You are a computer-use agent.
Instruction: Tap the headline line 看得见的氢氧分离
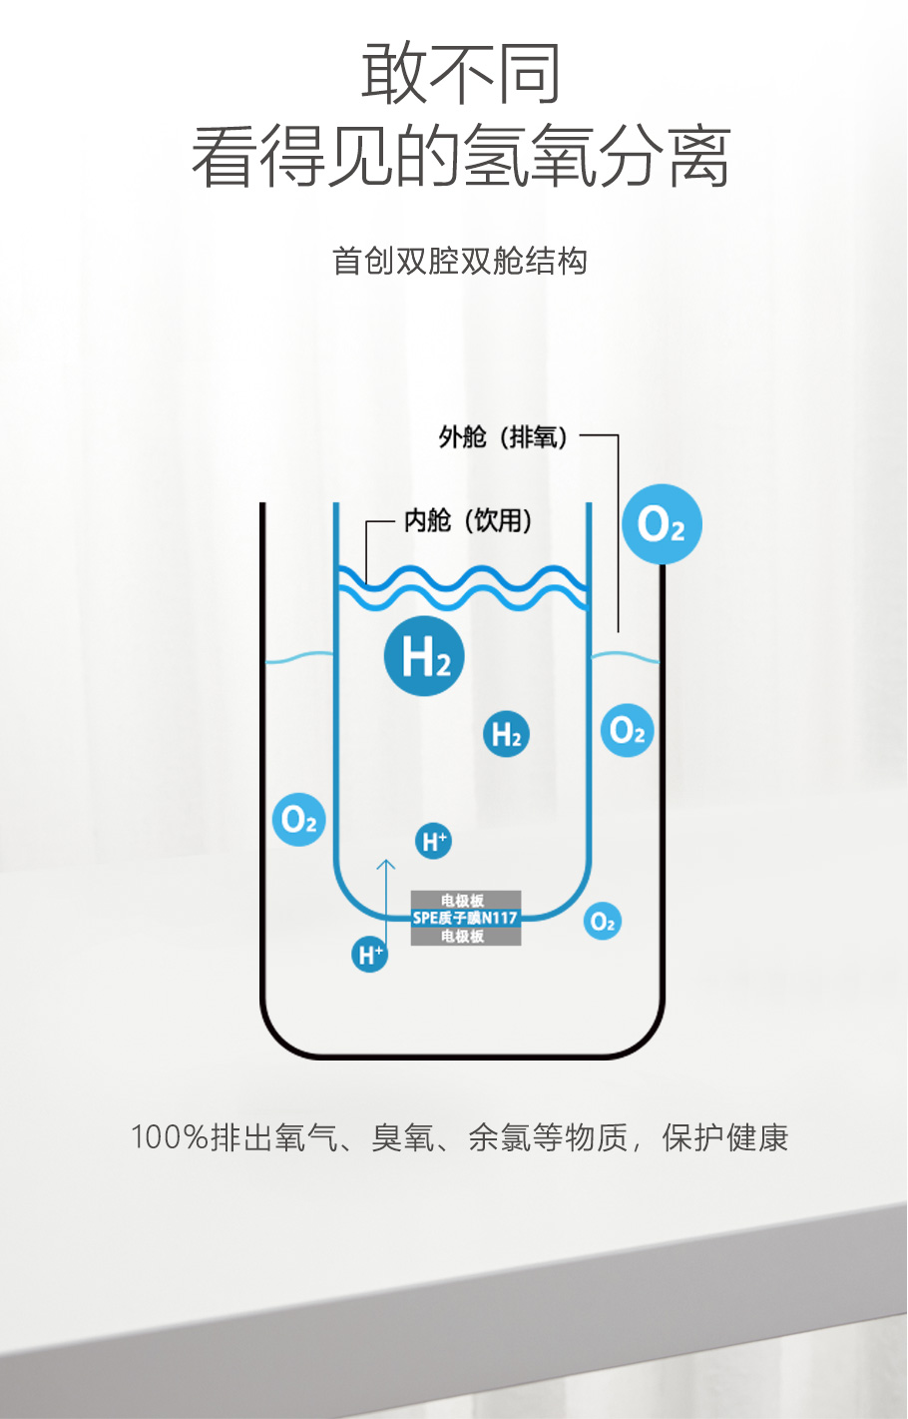pyautogui.click(x=460, y=157)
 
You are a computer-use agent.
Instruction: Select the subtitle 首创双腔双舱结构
pyautogui.click(x=459, y=262)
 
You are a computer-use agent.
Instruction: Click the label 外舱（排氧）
pyautogui.click(x=504, y=436)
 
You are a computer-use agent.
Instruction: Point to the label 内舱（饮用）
pyautogui.click(x=467, y=520)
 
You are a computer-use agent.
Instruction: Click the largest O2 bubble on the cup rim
pyautogui.click(x=662, y=524)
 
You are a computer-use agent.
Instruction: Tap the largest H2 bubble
pyautogui.click(x=425, y=656)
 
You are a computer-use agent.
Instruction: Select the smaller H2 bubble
pyautogui.click(x=506, y=735)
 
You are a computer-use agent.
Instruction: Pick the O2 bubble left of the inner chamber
pyautogui.click(x=298, y=820)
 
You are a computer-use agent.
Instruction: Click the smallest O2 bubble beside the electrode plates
pyautogui.click(x=602, y=922)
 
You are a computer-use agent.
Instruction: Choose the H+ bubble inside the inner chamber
pyautogui.click(x=434, y=841)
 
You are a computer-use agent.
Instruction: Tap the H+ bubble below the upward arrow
pyautogui.click(x=369, y=955)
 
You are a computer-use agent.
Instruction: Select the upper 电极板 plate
pyautogui.click(x=464, y=900)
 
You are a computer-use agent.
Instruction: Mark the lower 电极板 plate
pyautogui.click(x=464, y=937)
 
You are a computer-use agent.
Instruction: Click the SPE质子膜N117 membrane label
pyautogui.click(x=465, y=918)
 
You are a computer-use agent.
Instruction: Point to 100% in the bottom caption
pyautogui.click(x=169, y=1137)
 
